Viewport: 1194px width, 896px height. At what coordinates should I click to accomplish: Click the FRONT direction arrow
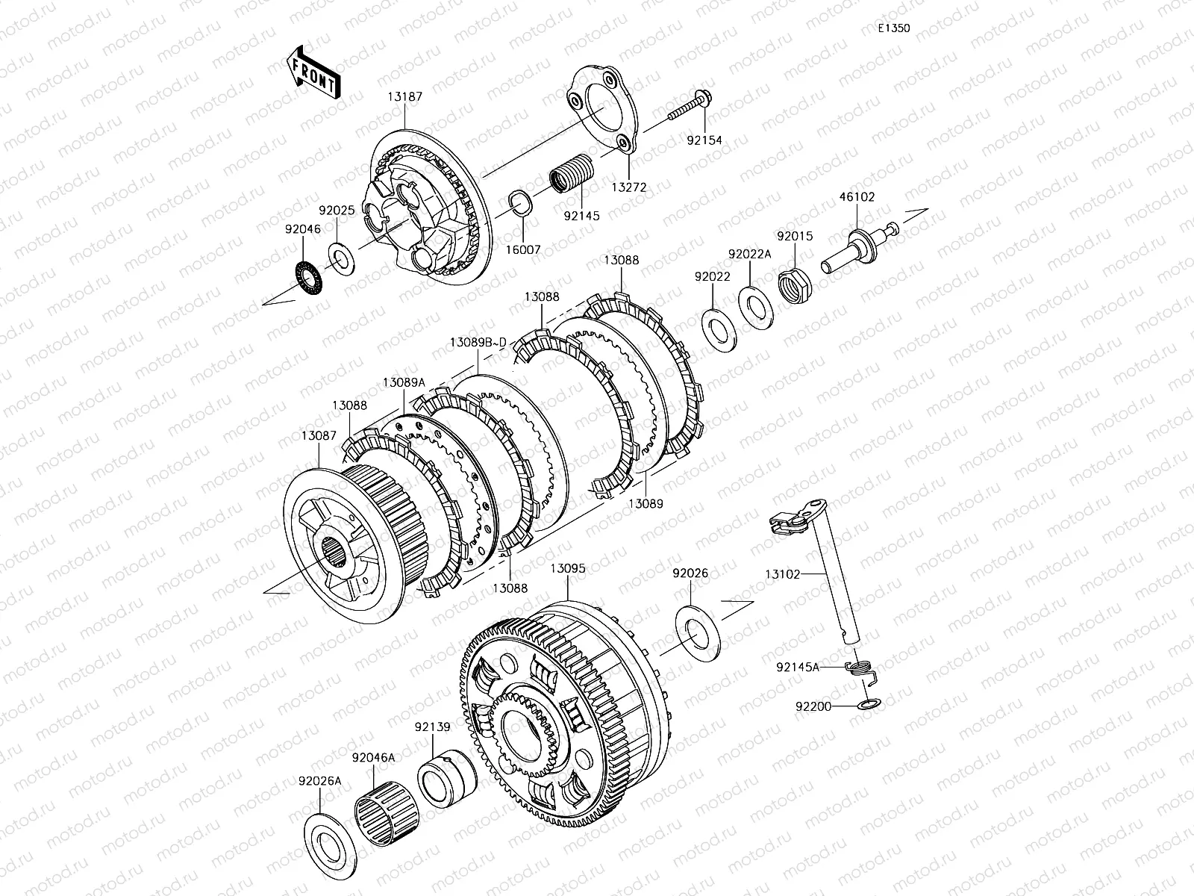click(x=313, y=72)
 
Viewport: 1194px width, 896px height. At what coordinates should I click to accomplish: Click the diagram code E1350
click(x=894, y=28)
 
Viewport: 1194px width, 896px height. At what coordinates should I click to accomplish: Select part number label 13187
click(x=404, y=97)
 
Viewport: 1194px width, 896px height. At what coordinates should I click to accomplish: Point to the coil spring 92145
click(x=571, y=173)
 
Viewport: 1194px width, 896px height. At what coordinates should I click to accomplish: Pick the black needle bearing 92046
click(x=309, y=278)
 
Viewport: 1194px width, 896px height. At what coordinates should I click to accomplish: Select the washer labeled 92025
click(x=341, y=260)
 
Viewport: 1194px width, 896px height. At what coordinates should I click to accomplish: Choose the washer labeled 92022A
click(x=755, y=308)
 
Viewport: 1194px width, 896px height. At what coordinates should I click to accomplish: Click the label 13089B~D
click(x=478, y=343)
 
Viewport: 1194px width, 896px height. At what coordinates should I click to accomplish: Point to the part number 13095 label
click(x=567, y=568)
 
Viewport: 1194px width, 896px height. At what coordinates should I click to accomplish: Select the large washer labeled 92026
click(x=697, y=633)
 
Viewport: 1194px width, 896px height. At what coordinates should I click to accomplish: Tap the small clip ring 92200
click(x=869, y=705)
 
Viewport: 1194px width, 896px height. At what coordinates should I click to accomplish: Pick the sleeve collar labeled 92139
click(x=447, y=778)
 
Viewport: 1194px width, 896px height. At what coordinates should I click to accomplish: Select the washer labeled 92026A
click(x=330, y=847)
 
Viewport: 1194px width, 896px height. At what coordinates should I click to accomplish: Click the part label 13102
click(x=783, y=574)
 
